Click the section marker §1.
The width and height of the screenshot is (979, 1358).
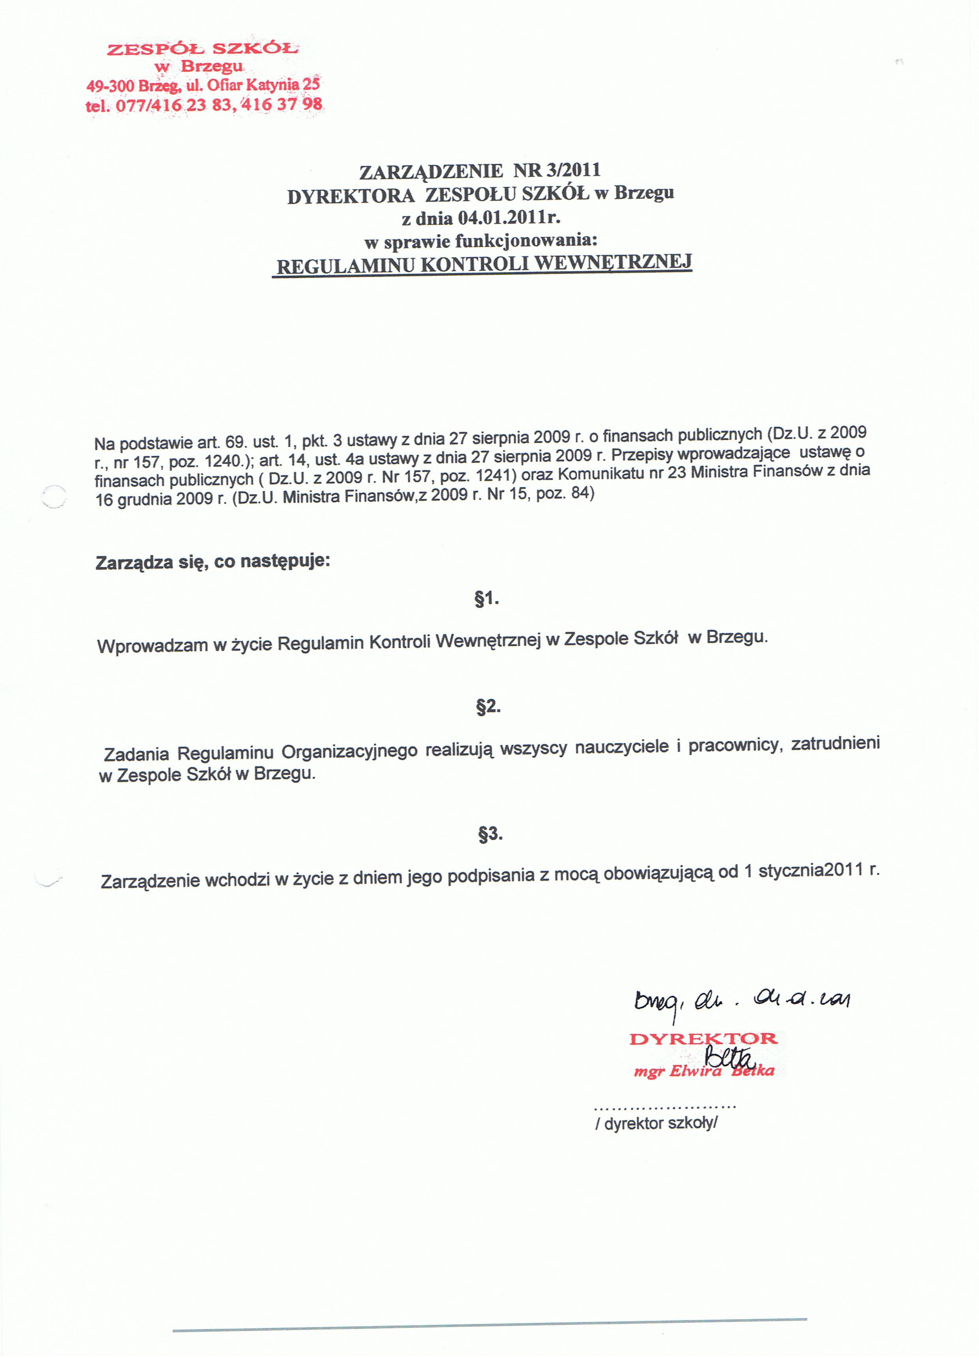click(486, 598)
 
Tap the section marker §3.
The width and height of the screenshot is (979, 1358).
click(490, 833)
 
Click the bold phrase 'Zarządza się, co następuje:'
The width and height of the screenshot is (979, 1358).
click(212, 561)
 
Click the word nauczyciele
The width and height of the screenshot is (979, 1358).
click(622, 747)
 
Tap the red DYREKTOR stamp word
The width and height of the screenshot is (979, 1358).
click(703, 1039)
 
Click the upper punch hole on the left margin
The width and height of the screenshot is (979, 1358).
click(54, 496)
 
